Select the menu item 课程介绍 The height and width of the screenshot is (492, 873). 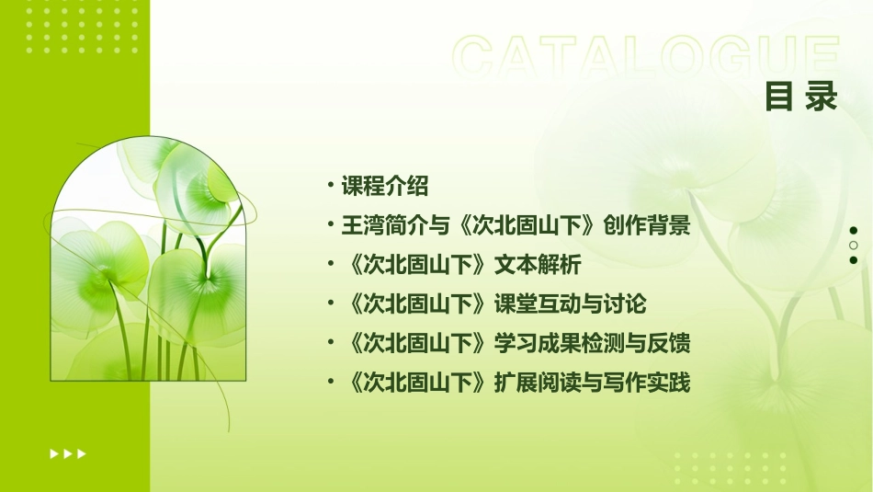(384, 187)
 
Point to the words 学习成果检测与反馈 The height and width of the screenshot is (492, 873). (592, 344)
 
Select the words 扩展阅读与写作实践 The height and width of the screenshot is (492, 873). (592, 383)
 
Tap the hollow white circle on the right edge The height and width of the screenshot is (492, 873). (854, 246)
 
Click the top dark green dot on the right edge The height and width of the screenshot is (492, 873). (854, 231)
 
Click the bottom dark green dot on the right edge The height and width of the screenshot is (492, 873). (854, 260)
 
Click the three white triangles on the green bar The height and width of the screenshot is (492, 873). (68, 453)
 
